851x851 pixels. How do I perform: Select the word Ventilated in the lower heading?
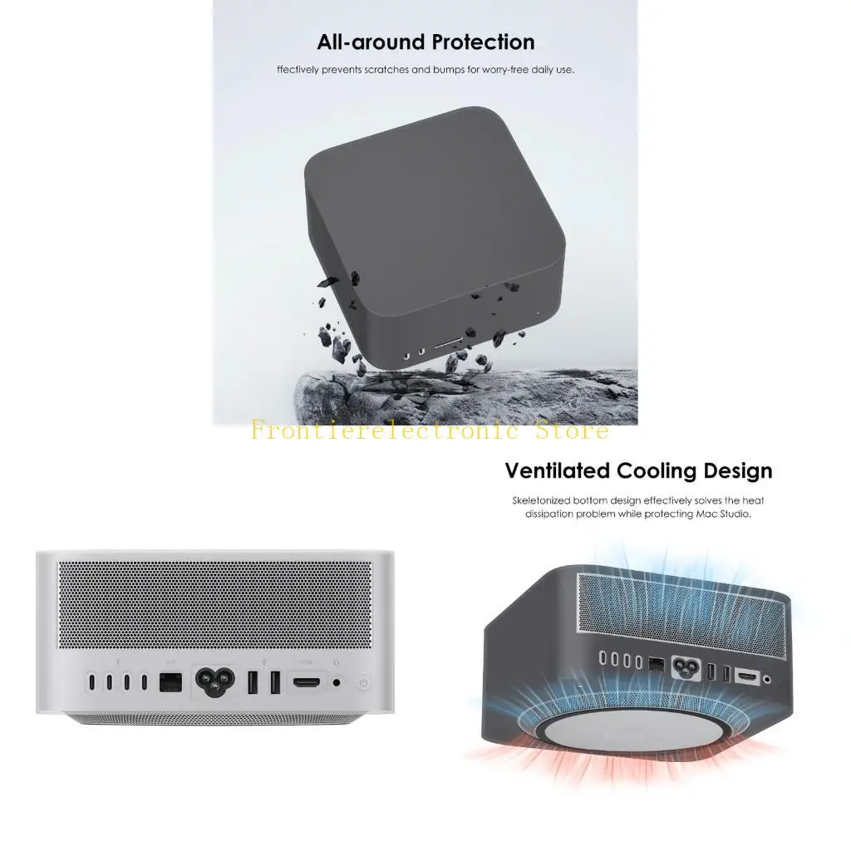coord(558,471)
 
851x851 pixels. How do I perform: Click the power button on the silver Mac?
coord(364,683)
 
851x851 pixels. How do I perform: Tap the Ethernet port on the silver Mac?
coord(170,682)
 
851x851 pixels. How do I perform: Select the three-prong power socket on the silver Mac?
coord(214,681)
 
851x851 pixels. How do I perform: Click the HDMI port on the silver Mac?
coord(306,682)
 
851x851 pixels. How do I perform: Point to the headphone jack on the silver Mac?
coord(337,682)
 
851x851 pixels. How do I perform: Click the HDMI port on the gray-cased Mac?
coord(748,677)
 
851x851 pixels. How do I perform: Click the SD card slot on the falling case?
coord(449,343)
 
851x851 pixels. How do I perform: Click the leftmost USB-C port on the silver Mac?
coord(91,682)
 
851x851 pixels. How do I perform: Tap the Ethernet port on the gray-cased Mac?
coord(656,663)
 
